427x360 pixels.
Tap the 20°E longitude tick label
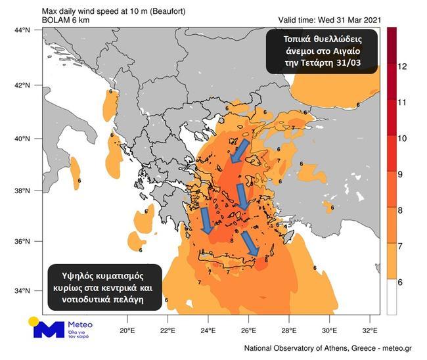[127, 330]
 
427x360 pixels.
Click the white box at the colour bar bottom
[392, 299]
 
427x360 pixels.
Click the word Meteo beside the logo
[81, 324]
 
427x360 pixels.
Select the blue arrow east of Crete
[250, 244]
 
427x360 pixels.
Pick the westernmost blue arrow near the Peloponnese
[206, 220]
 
